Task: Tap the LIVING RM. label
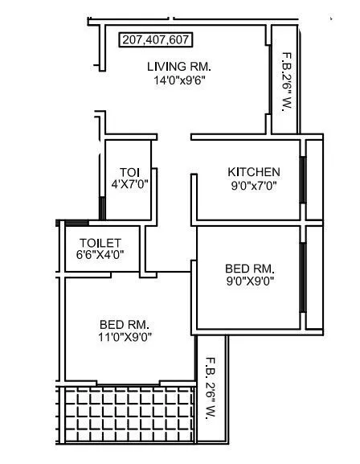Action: coord(178,66)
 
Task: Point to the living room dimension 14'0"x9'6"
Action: coord(178,80)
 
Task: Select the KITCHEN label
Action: coord(254,171)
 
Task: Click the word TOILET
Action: coord(100,242)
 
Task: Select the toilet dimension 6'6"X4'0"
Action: coord(100,255)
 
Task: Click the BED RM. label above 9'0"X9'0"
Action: coord(250,268)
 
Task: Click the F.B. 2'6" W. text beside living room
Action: coord(284,84)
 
